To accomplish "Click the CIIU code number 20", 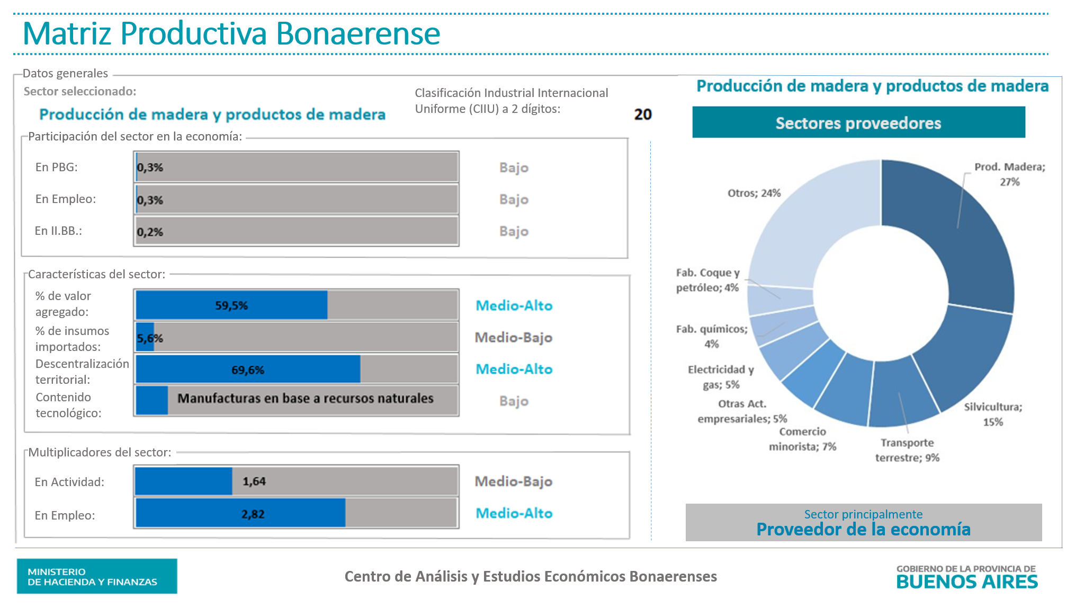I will pyautogui.click(x=643, y=115).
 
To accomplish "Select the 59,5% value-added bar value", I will pyautogui.click(x=231, y=305).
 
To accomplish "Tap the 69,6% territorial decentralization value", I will pyautogui.click(x=247, y=370).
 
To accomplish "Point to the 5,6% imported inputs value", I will pyautogui.click(x=150, y=338).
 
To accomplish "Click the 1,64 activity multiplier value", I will pyautogui.click(x=254, y=481).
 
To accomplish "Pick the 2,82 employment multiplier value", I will pyautogui.click(x=253, y=514).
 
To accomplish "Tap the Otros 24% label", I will pyautogui.click(x=754, y=193).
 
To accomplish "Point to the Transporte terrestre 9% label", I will pyautogui.click(x=907, y=450).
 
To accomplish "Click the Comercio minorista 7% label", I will pyautogui.click(x=802, y=439).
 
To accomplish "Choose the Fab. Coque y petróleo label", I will pyautogui.click(x=707, y=280).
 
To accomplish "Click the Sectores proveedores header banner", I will pyautogui.click(x=858, y=122).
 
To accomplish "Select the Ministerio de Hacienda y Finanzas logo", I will pyautogui.click(x=97, y=576).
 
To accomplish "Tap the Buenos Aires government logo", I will pyautogui.click(x=967, y=577).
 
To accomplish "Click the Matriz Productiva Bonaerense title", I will pyautogui.click(x=231, y=33).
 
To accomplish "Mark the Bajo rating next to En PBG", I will pyautogui.click(x=514, y=168).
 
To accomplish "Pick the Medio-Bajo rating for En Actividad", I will pyautogui.click(x=513, y=481).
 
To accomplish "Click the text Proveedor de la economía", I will pyautogui.click(x=863, y=529).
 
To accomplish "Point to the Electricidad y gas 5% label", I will pyautogui.click(x=721, y=377).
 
